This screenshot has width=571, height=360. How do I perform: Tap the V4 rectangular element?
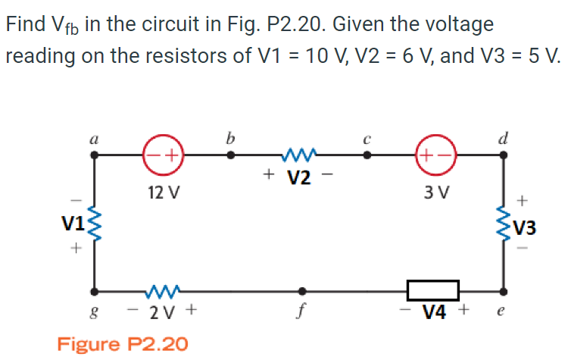coord(432,290)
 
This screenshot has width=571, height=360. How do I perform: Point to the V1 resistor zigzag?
coord(95,223)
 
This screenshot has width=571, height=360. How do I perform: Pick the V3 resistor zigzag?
coord(503,223)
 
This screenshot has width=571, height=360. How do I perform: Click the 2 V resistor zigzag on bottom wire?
coord(162,290)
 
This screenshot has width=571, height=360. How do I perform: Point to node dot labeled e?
coord(503,290)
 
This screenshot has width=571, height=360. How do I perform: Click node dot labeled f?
coord(303,290)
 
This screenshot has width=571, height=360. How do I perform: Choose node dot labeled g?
coord(95,290)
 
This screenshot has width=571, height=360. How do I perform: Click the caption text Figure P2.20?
coord(123,343)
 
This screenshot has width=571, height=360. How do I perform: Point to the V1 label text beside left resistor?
coord(73,223)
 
